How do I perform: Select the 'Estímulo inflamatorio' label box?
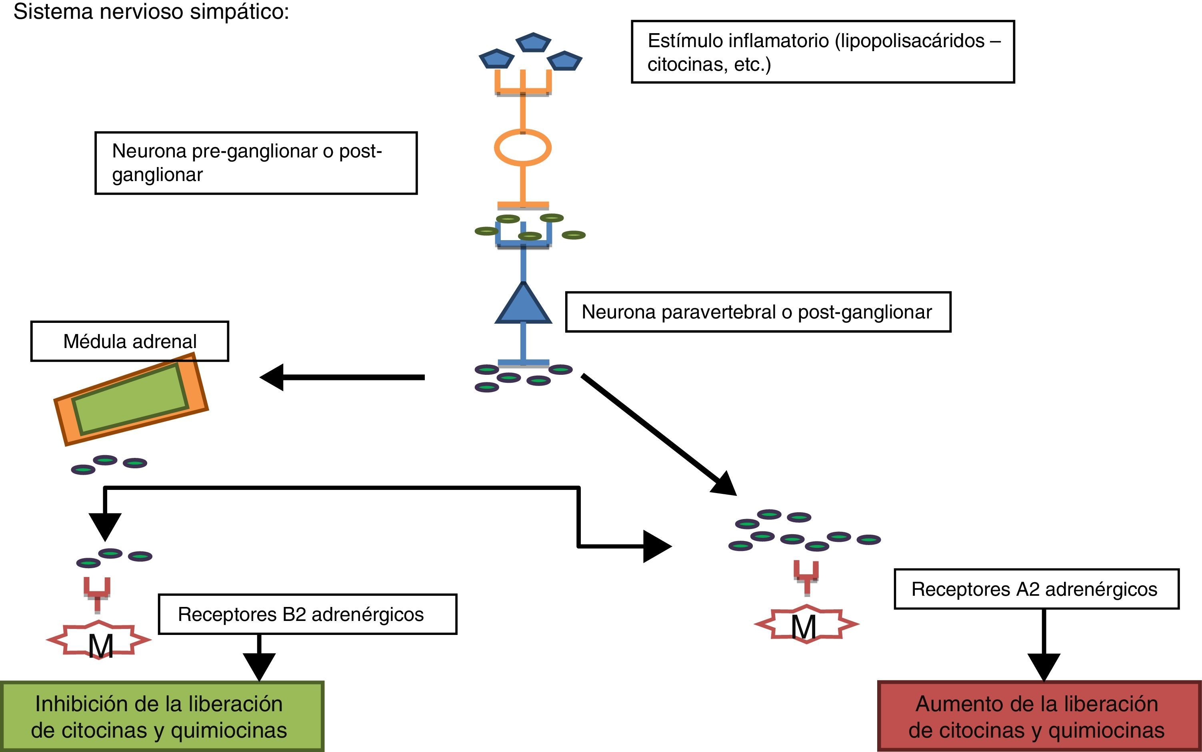click(822, 52)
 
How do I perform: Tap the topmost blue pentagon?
click(533, 43)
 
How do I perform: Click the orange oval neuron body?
click(523, 148)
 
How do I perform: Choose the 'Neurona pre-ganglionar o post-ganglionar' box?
click(256, 163)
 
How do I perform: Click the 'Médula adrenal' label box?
click(130, 341)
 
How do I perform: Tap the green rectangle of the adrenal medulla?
click(130, 398)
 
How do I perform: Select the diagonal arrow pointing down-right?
click(657, 434)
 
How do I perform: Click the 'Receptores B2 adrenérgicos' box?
click(307, 614)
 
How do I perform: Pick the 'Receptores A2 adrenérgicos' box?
click(1036, 589)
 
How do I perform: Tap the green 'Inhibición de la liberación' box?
click(162, 716)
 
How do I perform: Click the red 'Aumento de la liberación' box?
click(1039, 716)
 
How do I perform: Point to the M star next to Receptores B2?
click(99, 641)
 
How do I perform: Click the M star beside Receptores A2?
click(806, 624)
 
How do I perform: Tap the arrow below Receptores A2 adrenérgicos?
click(1044, 647)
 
